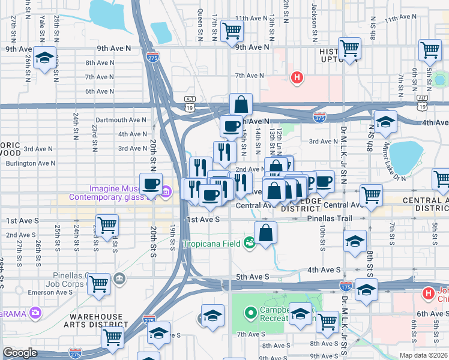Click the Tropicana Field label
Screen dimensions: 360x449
212,242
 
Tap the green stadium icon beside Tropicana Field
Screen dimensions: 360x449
249,242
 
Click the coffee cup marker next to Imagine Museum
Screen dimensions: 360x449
151,184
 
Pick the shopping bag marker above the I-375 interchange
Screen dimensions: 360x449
241,104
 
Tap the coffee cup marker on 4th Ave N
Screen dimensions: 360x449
231,126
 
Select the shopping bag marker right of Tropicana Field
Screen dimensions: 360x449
265,233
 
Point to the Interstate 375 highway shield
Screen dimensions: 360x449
320,118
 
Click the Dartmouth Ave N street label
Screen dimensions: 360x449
121,119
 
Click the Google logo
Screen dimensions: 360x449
20,352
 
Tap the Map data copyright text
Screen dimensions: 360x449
423,355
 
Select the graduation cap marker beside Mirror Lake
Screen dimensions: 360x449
385,121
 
